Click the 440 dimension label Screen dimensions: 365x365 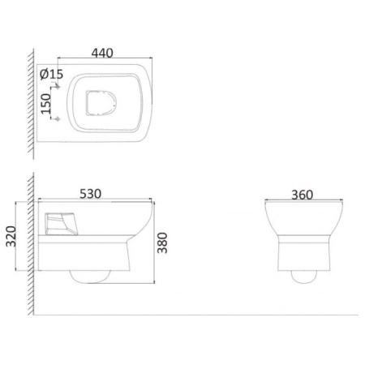click(102, 53)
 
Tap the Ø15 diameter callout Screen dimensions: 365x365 click(51, 74)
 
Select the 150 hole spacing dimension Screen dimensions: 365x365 click(46, 104)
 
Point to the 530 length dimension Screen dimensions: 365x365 click(91, 194)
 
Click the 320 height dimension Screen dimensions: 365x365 click(11, 236)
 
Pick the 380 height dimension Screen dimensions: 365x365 click(162, 243)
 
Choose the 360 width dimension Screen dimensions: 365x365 click(303, 195)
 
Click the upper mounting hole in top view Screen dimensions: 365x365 click(58, 87)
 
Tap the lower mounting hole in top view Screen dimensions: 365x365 click(58, 118)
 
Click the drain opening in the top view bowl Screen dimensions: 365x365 click(101, 103)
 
